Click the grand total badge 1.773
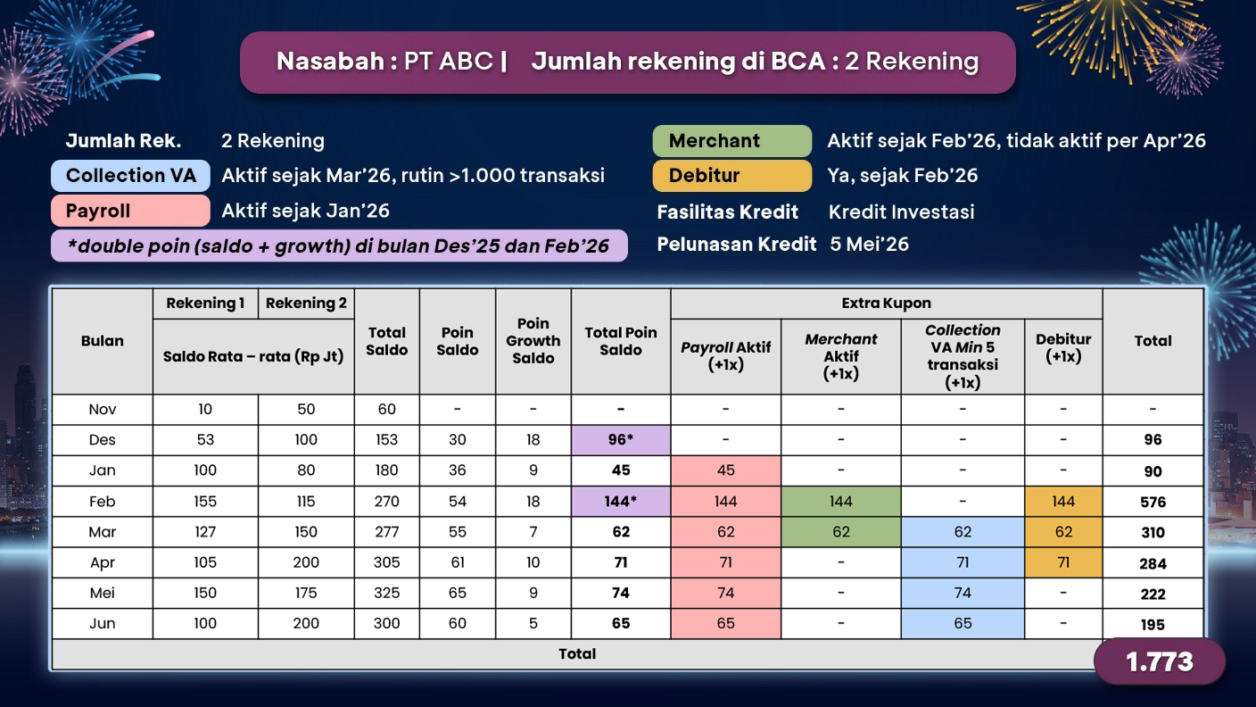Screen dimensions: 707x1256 pyautogui.click(x=1159, y=661)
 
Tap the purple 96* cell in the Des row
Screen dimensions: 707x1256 pyautogui.click(x=621, y=440)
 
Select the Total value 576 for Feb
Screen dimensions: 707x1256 pyautogui.click(x=1153, y=502)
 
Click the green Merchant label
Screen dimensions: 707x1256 pyautogui.click(x=731, y=141)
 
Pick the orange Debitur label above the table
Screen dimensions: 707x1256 pyautogui.click(x=731, y=176)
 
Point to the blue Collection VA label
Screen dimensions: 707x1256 pyautogui.click(x=130, y=176)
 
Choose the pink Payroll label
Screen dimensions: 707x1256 pyautogui.click(x=130, y=212)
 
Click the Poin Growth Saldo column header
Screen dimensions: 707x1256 pyautogui.click(x=533, y=341)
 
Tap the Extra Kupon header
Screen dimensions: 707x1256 pyautogui.click(x=886, y=304)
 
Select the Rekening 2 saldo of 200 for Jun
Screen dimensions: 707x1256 pyautogui.click(x=306, y=623)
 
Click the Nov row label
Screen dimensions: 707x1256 pyautogui.click(x=103, y=410)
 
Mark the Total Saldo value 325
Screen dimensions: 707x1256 pyautogui.click(x=386, y=593)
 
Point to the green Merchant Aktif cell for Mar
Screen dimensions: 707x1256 pyautogui.click(x=840, y=532)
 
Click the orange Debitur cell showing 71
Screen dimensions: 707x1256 pyautogui.click(x=1063, y=562)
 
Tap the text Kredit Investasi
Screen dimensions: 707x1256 pyautogui.click(x=901, y=212)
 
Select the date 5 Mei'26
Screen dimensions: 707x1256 pyautogui.click(x=869, y=245)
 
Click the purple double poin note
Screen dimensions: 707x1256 pyautogui.click(x=339, y=246)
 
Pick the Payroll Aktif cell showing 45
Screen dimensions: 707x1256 pyautogui.click(x=725, y=470)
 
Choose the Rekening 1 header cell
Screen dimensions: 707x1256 pyautogui.click(x=205, y=304)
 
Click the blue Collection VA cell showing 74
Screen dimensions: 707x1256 pyautogui.click(x=963, y=593)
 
